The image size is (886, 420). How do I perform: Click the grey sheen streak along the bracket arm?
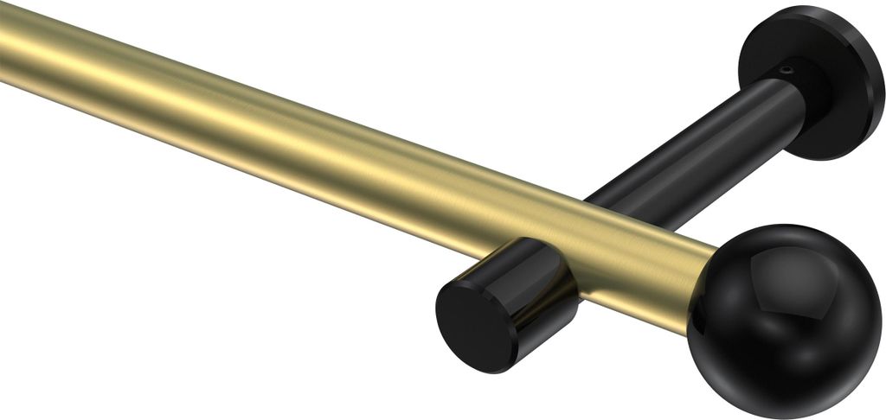point(692,130)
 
